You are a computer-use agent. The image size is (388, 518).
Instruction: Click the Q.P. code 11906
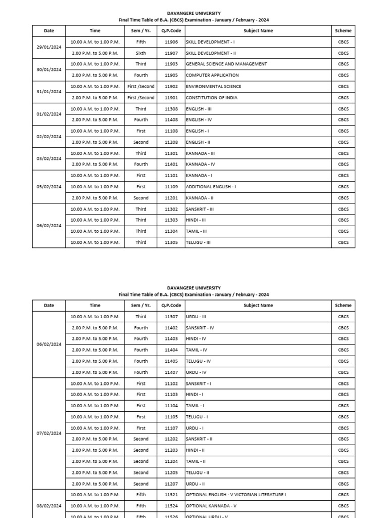point(171,42)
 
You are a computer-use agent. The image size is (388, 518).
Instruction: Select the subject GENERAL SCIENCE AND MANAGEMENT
point(226,64)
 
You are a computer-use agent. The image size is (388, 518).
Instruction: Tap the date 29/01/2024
point(49,47)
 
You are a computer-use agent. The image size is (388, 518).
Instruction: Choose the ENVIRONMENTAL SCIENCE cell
point(213,87)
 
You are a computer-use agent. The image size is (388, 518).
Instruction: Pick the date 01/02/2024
point(49,114)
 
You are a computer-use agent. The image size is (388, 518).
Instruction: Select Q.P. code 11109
point(171,187)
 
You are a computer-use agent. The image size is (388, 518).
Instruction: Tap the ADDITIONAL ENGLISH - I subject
point(211,187)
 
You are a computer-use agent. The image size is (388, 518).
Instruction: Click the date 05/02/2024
point(49,187)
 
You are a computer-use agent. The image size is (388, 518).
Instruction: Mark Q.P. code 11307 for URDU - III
point(171,317)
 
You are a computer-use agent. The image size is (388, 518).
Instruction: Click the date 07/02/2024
point(49,434)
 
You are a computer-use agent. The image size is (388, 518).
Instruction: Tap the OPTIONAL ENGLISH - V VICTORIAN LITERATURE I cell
point(235,495)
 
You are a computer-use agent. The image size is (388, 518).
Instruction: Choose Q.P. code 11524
point(171,506)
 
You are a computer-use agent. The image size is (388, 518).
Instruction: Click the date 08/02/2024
point(49,506)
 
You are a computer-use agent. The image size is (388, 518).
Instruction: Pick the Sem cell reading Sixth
point(141,53)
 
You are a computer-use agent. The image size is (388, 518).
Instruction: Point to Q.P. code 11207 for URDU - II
point(171,484)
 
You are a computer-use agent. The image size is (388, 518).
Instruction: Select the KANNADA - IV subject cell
point(201,164)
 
